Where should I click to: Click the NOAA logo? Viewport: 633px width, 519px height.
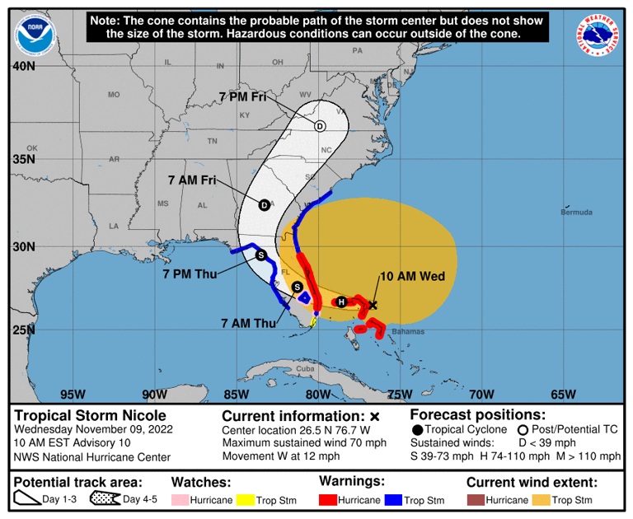point(34,31)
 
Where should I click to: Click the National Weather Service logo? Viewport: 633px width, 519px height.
point(598,35)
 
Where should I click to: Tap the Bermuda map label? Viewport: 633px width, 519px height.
point(576,213)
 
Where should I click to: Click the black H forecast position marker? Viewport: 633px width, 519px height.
point(342,302)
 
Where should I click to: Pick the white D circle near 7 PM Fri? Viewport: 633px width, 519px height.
point(320,126)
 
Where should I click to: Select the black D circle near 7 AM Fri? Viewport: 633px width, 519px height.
point(264,205)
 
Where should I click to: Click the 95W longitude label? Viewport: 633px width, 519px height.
point(73,394)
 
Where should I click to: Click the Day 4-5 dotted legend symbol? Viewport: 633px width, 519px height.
point(105,499)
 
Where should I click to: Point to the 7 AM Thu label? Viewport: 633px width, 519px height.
point(250,323)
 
